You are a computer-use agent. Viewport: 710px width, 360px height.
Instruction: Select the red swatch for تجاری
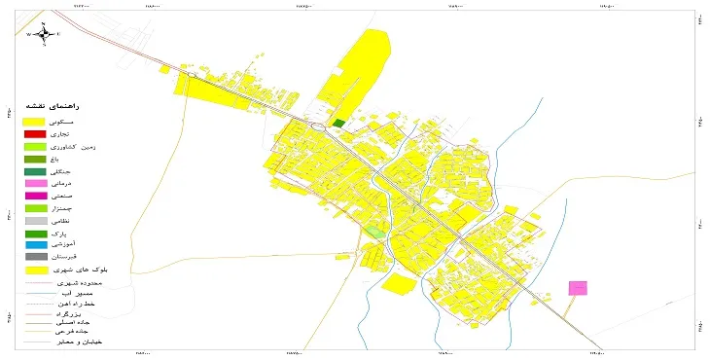[x=35, y=133]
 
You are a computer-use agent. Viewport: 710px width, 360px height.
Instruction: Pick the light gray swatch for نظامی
[x=35, y=221]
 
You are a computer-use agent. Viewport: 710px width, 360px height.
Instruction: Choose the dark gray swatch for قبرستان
[x=35, y=258]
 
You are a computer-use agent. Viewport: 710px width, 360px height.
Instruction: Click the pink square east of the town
[x=578, y=288]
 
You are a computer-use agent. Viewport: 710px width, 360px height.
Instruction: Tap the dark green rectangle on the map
[x=338, y=124]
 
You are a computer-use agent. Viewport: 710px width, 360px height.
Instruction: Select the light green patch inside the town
[x=373, y=233]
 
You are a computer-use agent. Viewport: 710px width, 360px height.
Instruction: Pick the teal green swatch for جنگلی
[x=35, y=171]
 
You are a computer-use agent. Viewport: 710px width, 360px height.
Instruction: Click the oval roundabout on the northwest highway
[x=193, y=74]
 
